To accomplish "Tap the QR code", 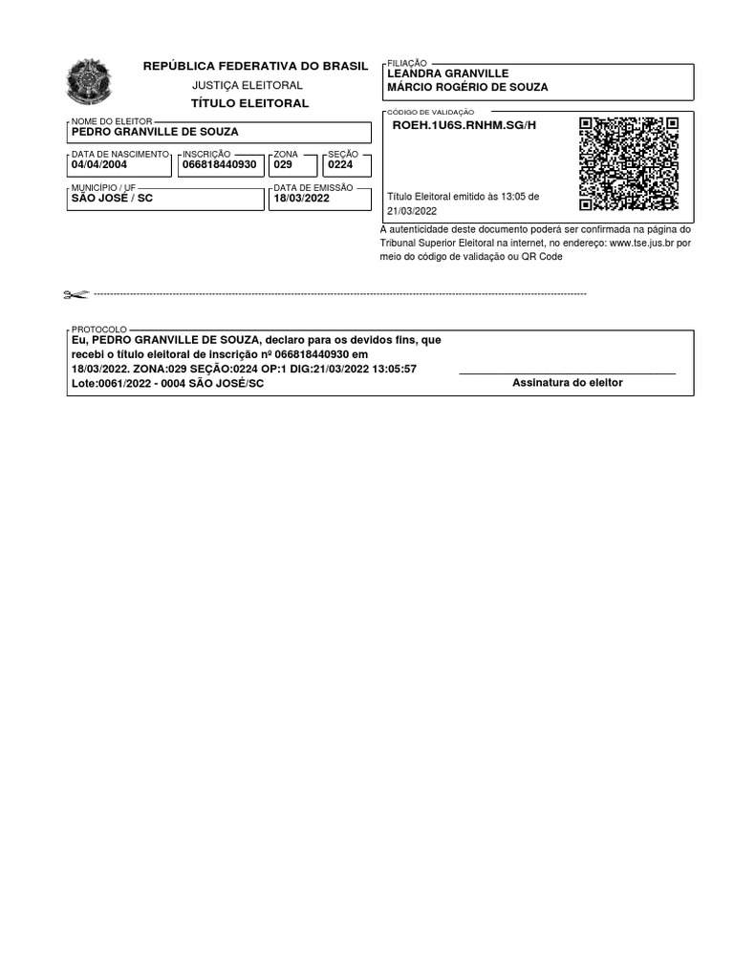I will [629, 163].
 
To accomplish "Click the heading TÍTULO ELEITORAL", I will [250, 103].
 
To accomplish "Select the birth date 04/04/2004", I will [99, 164].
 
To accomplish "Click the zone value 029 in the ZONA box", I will [283, 164].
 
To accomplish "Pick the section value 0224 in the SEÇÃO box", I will [340, 164].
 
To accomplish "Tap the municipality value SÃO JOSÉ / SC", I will [112, 199].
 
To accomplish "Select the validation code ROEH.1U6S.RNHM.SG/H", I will [464, 125].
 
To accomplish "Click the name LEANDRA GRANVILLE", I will [447, 74].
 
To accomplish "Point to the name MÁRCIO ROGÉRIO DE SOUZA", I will [467, 88].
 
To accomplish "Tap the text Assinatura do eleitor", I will [567, 383].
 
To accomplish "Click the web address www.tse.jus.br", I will [642, 243].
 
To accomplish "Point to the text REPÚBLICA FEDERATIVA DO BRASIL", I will [255, 66].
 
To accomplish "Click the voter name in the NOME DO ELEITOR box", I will [155, 132].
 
